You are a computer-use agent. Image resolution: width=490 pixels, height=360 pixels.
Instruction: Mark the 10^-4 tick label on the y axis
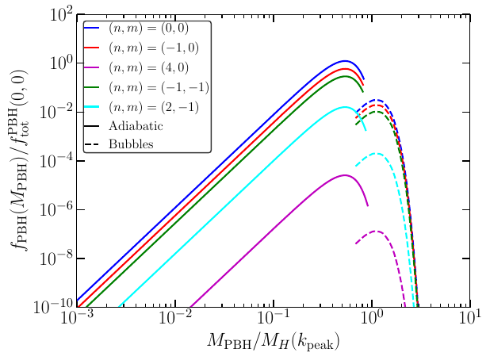pyautogui.click(x=58, y=160)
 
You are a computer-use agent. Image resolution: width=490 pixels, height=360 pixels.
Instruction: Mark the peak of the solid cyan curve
pyautogui.click(x=346, y=107)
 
